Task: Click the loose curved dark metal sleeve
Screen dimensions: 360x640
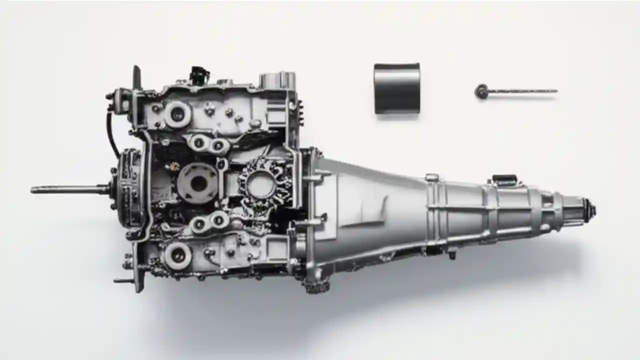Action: (x=396, y=88)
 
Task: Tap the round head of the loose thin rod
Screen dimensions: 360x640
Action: (x=481, y=91)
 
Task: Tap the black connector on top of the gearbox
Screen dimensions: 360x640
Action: (x=198, y=75)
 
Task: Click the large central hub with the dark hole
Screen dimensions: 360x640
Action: (x=198, y=183)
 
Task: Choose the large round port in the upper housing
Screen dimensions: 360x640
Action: (x=177, y=114)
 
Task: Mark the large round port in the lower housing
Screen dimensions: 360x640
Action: (x=177, y=255)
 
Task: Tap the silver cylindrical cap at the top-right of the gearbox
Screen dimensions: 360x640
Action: (x=277, y=80)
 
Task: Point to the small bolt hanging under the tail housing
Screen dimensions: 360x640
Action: (x=452, y=255)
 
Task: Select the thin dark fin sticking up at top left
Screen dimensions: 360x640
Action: (x=136, y=77)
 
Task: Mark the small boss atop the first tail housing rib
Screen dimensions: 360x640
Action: (x=432, y=177)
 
